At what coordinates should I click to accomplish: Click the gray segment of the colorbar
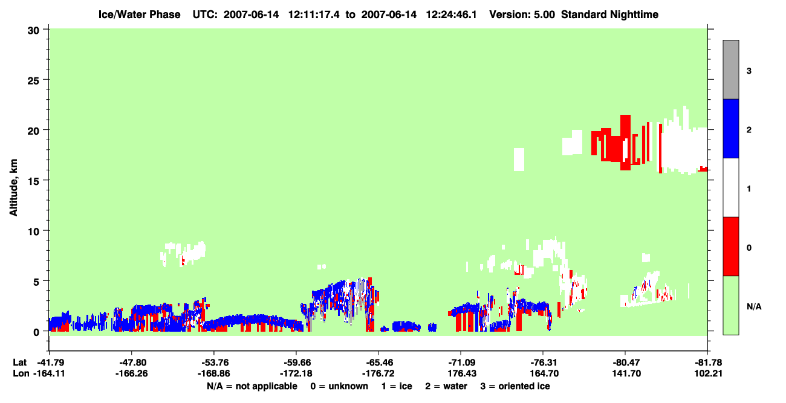click(731, 69)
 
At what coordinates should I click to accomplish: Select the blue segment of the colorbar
click(731, 129)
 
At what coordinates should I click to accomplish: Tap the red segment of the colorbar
click(731, 247)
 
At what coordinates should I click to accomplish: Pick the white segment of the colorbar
click(731, 188)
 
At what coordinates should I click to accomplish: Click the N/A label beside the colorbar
click(754, 307)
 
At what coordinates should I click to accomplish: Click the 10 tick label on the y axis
click(33, 232)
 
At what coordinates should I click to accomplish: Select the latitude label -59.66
click(296, 363)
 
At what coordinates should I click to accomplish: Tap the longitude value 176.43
click(462, 373)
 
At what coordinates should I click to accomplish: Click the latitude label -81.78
click(708, 363)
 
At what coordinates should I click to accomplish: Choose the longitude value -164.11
click(49, 373)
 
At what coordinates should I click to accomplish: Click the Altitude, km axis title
click(13, 187)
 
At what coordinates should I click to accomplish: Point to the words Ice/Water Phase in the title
click(139, 15)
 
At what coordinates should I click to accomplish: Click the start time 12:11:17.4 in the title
click(314, 15)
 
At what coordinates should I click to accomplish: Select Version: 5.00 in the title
click(522, 15)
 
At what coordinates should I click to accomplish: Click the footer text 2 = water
click(446, 386)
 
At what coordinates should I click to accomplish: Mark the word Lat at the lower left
click(19, 363)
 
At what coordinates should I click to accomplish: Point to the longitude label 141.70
click(626, 373)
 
